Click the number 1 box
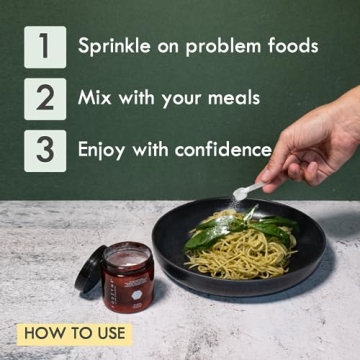45,46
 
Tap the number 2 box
45,98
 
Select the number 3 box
45,150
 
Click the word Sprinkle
113,46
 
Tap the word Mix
95,98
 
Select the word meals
232,98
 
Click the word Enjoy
104,150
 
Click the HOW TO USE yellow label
73,332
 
